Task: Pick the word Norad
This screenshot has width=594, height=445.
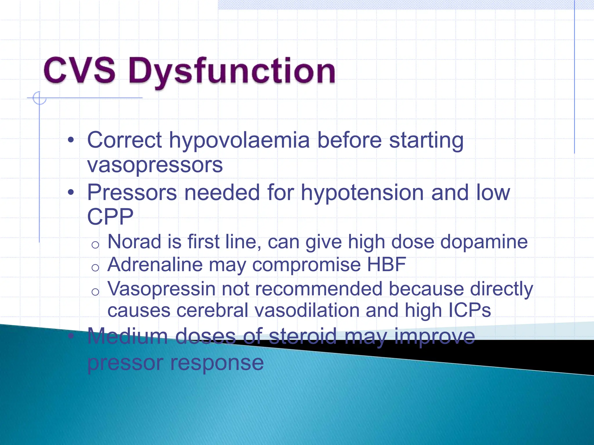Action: [x=134, y=242]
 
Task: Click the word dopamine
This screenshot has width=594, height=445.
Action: [x=484, y=242]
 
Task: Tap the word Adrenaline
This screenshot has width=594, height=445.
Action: [x=155, y=265]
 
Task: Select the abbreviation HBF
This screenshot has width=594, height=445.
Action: [x=386, y=265]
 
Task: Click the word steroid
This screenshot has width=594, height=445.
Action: [x=303, y=336]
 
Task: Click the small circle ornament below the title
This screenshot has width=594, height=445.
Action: [x=39, y=98]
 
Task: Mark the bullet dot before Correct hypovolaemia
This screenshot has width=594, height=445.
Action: [x=71, y=141]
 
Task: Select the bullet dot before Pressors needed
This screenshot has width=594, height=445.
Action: [x=71, y=192]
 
